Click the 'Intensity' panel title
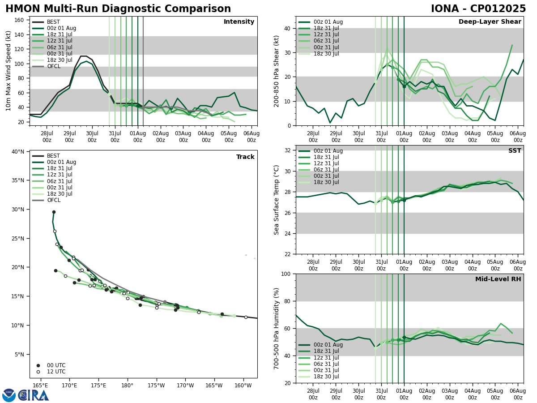(239, 22)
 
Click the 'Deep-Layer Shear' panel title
(490, 22)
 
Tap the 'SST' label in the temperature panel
(515, 151)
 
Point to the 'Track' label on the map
(245, 157)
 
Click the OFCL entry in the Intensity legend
(53, 66)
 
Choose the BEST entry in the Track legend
(53, 156)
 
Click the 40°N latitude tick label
(17, 152)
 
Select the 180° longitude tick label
(127, 386)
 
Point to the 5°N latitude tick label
(19, 354)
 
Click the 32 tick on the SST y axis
(288, 150)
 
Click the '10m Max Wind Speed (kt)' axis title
(9, 71)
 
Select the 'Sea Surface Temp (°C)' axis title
(277, 200)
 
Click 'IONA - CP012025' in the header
(478, 9)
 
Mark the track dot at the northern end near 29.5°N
(54, 212)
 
